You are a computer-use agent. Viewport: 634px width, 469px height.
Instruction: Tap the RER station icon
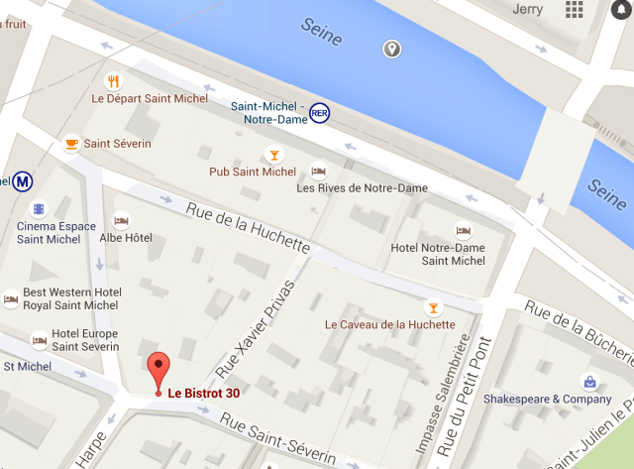[319, 113]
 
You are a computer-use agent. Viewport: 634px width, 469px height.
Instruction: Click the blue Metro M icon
[20, 181]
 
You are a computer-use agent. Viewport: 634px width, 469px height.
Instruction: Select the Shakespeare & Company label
[547, 400]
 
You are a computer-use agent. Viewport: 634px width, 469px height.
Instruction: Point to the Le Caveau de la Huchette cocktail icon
[431, 306]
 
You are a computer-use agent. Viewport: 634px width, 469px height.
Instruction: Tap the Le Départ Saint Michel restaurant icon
[114, 81]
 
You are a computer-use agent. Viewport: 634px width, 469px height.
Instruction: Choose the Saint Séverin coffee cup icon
[71, 144]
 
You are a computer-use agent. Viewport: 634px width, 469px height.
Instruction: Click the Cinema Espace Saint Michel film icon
[38, 209]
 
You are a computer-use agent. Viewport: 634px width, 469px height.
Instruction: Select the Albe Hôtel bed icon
[122, 220]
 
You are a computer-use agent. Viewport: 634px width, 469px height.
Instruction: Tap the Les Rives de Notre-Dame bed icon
[319, 171]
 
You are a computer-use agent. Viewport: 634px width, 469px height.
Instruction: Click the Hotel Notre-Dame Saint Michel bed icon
[463, 230]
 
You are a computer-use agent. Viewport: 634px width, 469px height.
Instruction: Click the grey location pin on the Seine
[392, 49]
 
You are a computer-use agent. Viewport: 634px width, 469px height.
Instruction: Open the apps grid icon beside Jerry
[575, 9]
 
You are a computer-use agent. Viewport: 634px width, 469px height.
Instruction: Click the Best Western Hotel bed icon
[11, 297]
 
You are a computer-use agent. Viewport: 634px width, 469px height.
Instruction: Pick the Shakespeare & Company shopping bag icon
[589, 382]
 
